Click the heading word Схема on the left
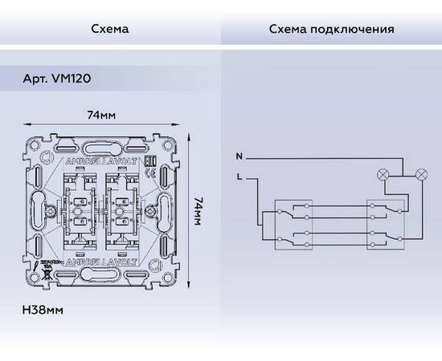[110, 30]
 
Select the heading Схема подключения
[331, 30]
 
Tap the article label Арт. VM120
[61, 82]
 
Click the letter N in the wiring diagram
[238, 155]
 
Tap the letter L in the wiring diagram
[238, 175]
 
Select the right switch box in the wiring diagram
[383, 222]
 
